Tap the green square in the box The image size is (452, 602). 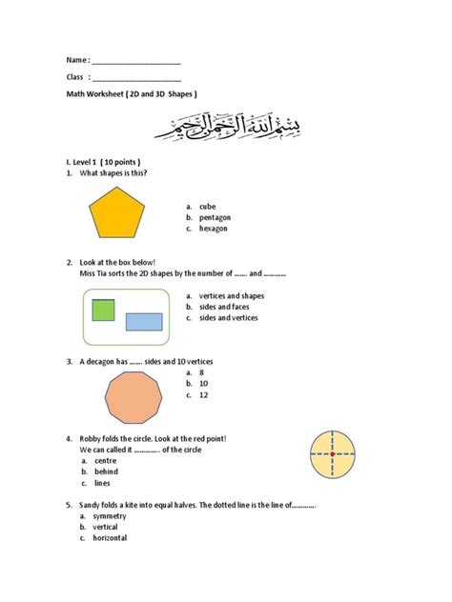[103, 310]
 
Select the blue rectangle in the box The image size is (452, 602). [144, 322]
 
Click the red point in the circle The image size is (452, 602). [332, 454]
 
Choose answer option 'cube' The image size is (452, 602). [207, 206]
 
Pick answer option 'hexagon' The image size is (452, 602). [213, 229]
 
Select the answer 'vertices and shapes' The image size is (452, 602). [232, 295]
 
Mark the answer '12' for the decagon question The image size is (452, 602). [203, 395]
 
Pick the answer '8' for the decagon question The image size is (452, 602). [201, 372]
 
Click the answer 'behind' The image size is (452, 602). [106, 472]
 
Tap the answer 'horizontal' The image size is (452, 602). [110, 538]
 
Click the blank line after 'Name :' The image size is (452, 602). [135, 61]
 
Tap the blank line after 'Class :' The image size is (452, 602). [135, 78]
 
